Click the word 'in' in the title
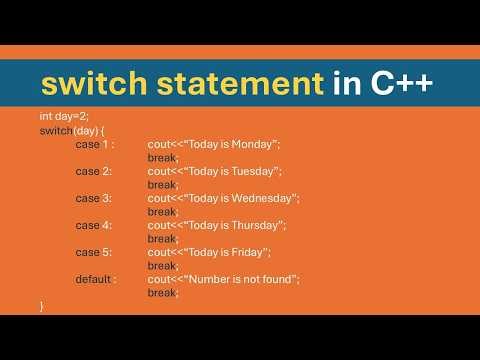(x=340, y=84)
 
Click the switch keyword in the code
(x=55, y=131)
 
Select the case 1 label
(x=95, y=144)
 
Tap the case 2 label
(x=94, y=171)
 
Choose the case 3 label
(x=94, y=198)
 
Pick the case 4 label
(x=94, y=225)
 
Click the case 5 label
(x=94, y=252)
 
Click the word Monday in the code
(x=254, y=144)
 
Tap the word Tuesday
(x=254, y=171)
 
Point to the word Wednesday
(x=263, y=198)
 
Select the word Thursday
(x=257, y=225)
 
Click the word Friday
(x=249, y=252)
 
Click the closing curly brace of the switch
(x=42, y=306)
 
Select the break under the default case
(x=162, y=292)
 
